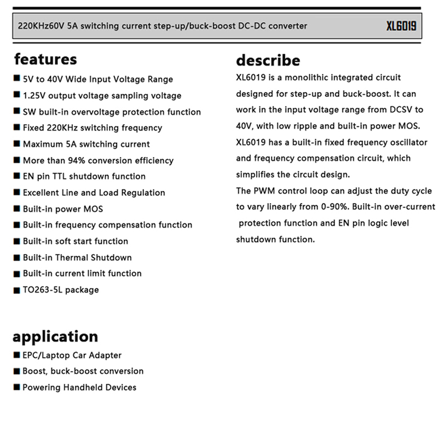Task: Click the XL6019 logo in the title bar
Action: click(x=401, y=26)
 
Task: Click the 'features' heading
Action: click(x=45, y=59)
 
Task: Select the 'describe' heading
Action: click(x=268, y=60)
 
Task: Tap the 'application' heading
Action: click(x=55, y=336)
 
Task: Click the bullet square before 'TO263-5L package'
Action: click(x=16, y=290)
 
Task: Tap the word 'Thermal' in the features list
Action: click(x=71, y=257)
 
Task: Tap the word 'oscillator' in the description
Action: click(x=404, y=142)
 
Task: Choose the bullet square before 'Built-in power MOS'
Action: click(x=16, y=209)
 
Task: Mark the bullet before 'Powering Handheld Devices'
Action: click(x=16, y=388)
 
